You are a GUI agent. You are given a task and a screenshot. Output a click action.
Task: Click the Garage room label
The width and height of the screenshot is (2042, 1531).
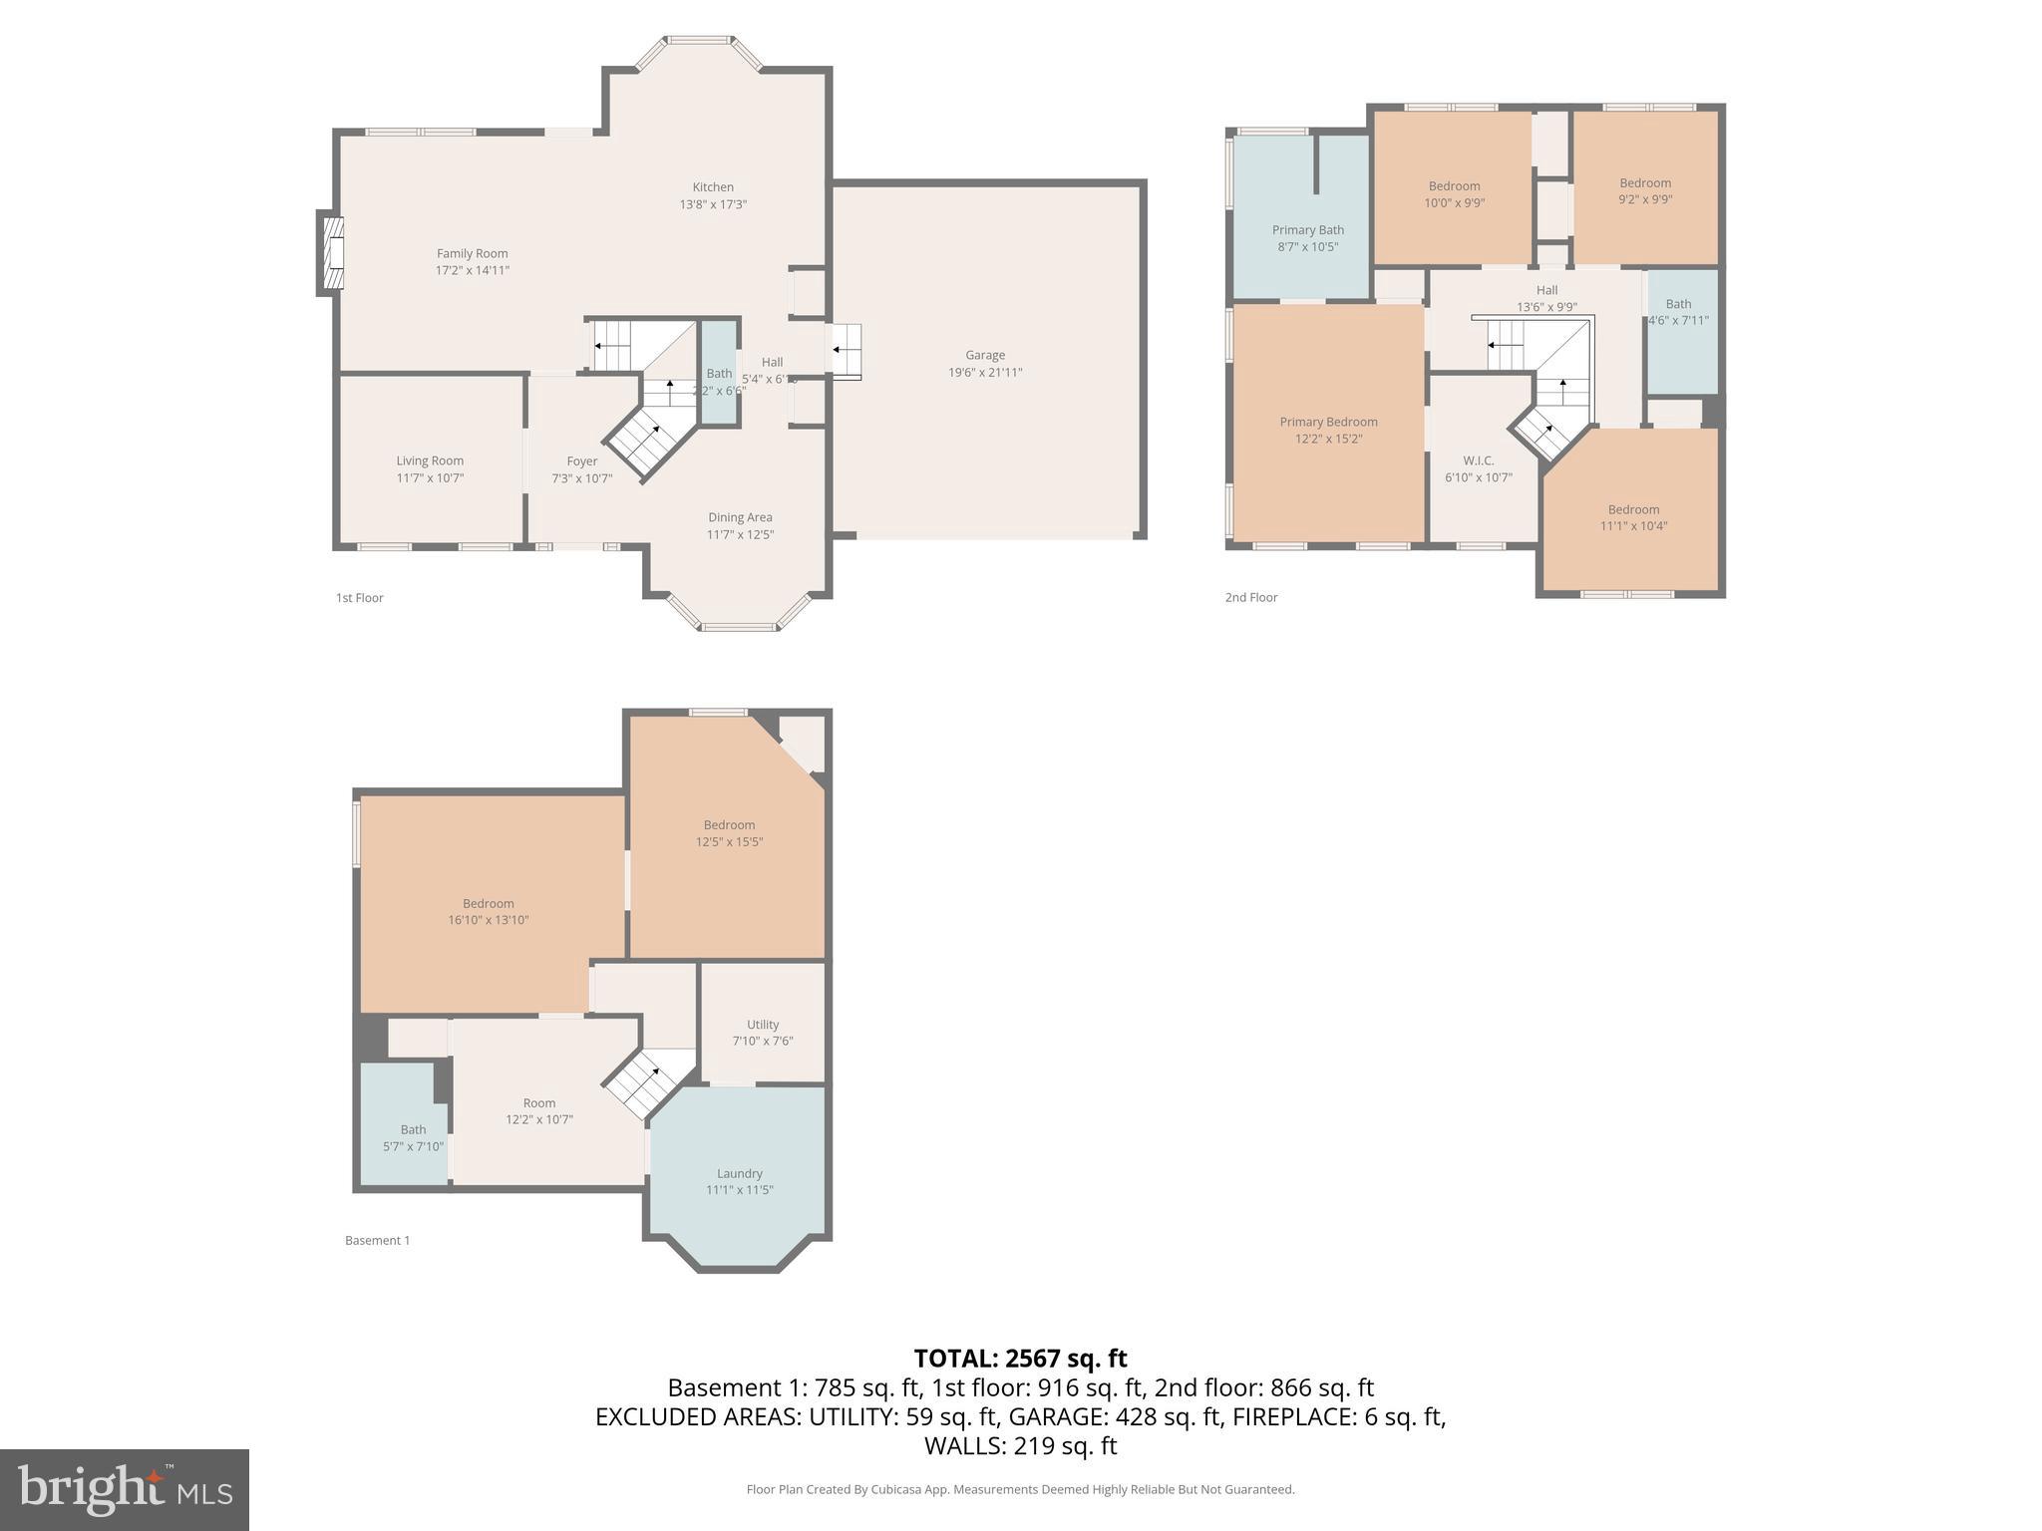point(984,355)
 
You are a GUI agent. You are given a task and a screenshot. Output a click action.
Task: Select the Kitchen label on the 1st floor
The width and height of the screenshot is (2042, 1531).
point(713,187)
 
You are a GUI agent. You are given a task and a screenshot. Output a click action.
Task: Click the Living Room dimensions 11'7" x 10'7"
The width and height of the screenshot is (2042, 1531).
point(430,478)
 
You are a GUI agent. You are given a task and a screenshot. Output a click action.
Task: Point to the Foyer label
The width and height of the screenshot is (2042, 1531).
point(581,461)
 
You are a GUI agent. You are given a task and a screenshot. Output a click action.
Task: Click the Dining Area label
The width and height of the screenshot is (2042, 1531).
point(740,517)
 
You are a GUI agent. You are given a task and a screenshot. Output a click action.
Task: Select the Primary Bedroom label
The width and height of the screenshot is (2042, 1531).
point(1328,422)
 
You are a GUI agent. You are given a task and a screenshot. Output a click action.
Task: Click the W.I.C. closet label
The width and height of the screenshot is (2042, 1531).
point(1478,460)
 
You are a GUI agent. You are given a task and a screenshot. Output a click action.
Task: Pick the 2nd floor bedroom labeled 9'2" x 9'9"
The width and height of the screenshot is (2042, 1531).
point(1644,190)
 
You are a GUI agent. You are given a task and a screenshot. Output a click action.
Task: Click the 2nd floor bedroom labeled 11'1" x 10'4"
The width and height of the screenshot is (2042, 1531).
point(1632,517)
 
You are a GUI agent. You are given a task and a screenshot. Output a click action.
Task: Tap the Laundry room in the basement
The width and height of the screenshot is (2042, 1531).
point(739,1180)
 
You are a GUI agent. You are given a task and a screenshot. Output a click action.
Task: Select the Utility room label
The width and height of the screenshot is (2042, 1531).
point(762,1025)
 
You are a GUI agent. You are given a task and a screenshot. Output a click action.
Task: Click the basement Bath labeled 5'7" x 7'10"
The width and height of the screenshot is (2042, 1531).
point(413,1137)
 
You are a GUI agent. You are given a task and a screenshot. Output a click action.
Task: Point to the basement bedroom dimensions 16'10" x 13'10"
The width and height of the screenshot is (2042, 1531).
point(488,921)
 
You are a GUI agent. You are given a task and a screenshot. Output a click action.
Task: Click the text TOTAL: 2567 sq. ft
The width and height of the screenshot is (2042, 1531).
point(1020,1359)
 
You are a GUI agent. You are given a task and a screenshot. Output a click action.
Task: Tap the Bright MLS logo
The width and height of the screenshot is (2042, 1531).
point(124,1489)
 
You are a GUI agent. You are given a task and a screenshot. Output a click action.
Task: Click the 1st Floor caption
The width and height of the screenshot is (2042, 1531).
point(359,598)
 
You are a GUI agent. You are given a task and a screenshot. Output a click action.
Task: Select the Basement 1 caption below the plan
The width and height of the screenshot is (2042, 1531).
point(377,1241)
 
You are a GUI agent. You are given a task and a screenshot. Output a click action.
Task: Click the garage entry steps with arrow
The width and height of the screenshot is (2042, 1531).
point(847,351)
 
